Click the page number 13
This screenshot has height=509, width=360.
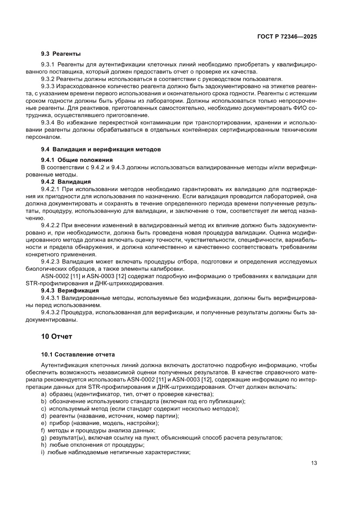314,463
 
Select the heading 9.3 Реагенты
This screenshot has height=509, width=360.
61,54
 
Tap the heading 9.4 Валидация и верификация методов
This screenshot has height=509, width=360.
101,149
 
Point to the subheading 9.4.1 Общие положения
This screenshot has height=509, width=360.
77,160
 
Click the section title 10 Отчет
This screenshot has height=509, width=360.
57,337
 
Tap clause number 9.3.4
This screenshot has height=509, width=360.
47,123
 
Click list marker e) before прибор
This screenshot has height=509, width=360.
43,423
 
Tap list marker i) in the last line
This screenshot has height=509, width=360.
43,452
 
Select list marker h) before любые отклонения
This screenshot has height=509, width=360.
43,445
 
